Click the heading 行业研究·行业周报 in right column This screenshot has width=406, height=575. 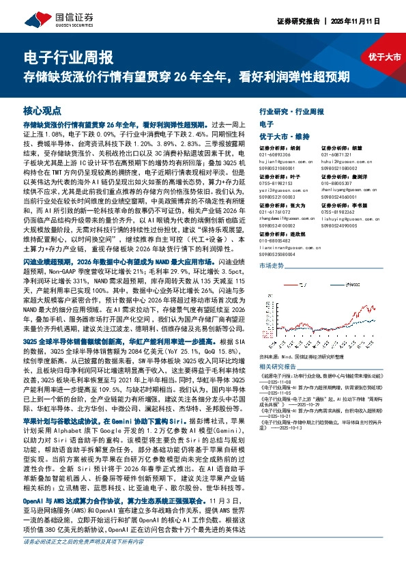(x=291, y=110)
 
